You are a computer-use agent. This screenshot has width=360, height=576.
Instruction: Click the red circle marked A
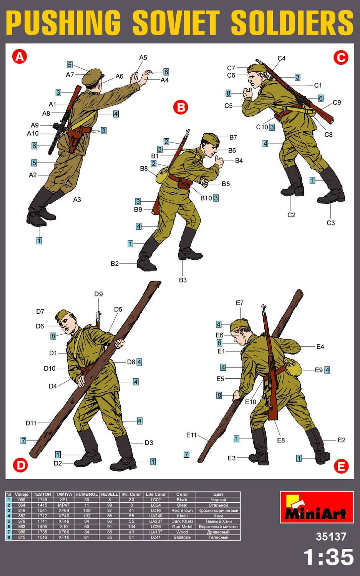[x=20, y=56]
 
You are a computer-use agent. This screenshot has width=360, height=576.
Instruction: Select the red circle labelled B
[x=181, y=107]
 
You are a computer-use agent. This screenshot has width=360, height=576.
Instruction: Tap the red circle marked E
[x=341, y=466]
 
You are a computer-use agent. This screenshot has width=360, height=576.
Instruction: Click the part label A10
[x=33, y=134]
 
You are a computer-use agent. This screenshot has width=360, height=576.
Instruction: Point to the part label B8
[x=144, y=169]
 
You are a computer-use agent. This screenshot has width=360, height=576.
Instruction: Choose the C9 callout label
[x=337, y=103]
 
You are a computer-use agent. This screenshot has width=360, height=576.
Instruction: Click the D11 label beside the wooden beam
[x=31, y=423]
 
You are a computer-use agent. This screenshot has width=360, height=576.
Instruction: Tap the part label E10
[x=251, y=402]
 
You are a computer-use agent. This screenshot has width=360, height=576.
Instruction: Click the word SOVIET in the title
[x=176, y=23]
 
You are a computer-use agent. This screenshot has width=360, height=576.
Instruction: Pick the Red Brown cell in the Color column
[x=182, y=510]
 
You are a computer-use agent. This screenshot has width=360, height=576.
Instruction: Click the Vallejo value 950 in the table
[x=22, y=500]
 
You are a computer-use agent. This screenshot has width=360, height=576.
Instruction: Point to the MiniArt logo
[x=317, y=507]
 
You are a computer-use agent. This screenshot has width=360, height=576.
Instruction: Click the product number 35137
[x=331, y=536]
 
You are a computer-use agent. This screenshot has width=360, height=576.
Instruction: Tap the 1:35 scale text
[x=328, y=557]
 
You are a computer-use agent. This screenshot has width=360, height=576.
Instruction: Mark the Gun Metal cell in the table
[x=182, y=526]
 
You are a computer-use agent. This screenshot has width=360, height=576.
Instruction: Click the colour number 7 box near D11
[x=23, y=440]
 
